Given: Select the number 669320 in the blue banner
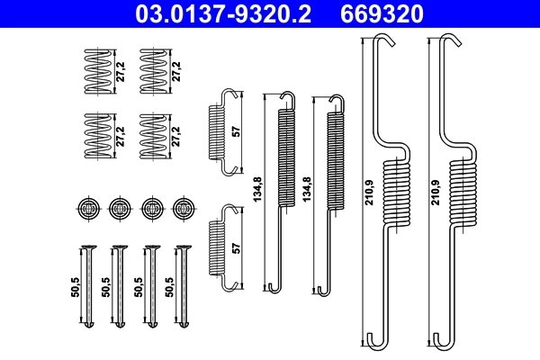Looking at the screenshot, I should tap(382, 13).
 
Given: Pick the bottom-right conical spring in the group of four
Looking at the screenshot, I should tap(153, 136).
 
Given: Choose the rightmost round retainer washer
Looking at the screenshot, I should tap(184, 209).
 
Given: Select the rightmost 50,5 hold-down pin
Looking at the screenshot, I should tap(183, 288).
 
